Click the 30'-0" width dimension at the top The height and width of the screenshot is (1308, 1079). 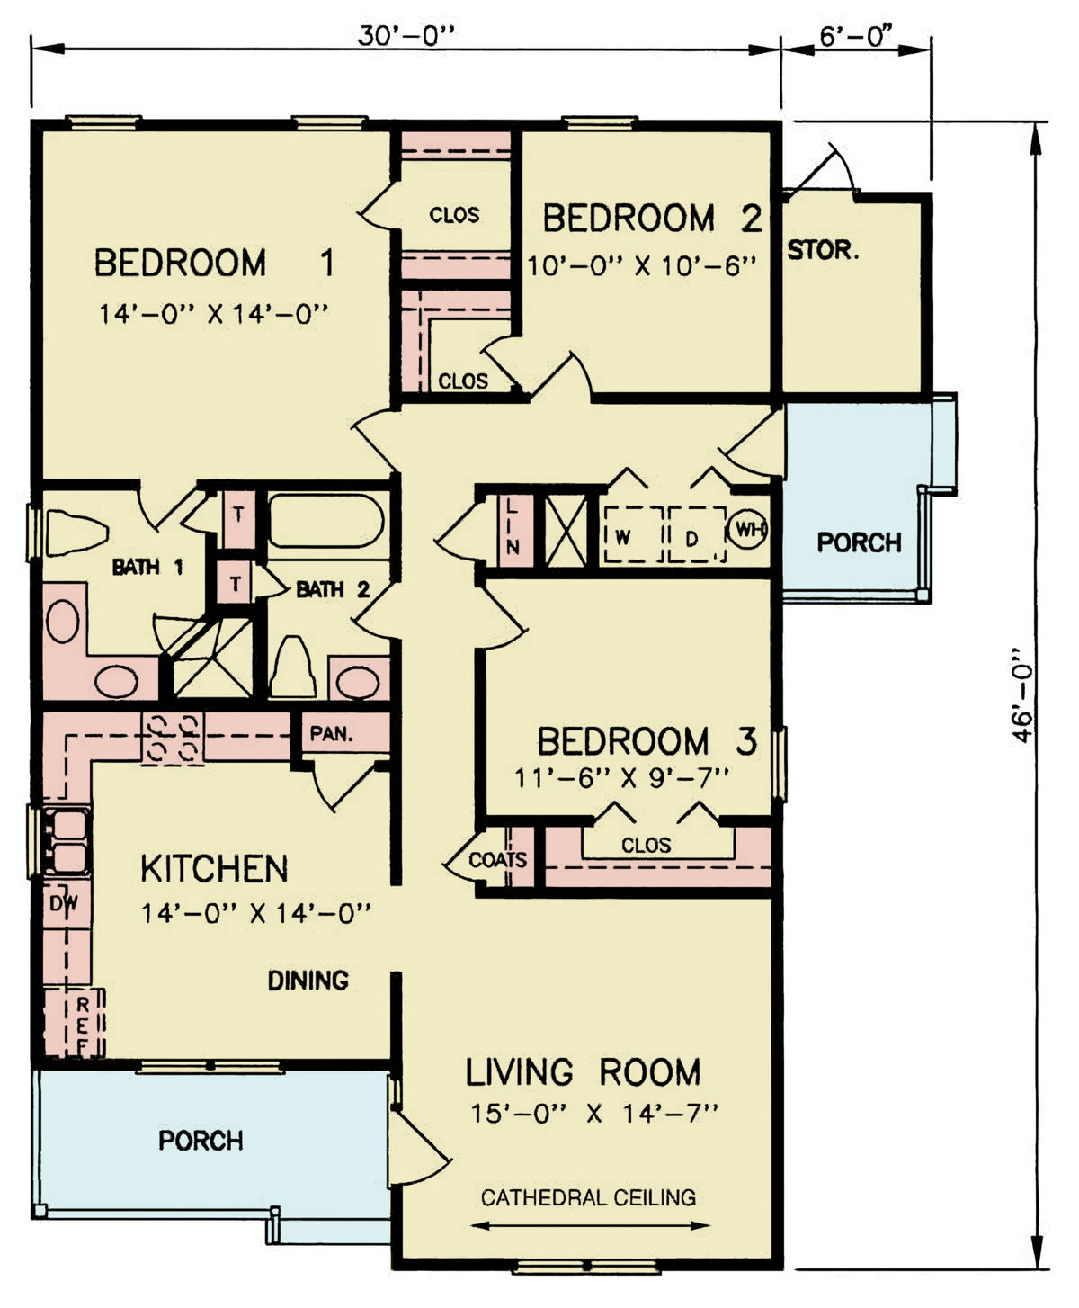click(407, 36)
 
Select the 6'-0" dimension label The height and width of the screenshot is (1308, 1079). click(855, 36)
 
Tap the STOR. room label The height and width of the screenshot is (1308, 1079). click(823, 250)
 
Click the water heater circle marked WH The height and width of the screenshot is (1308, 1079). click(747, 529)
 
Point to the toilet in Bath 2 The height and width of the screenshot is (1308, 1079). click(292, 667)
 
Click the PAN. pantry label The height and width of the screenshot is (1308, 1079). click(331, 733)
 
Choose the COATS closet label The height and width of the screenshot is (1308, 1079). click(497, 860)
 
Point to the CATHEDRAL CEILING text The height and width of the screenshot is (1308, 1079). click(588, 1197)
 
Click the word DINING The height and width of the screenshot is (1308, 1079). click(308, 981)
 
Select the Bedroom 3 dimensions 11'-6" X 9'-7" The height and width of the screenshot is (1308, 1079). click(620, 776)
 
